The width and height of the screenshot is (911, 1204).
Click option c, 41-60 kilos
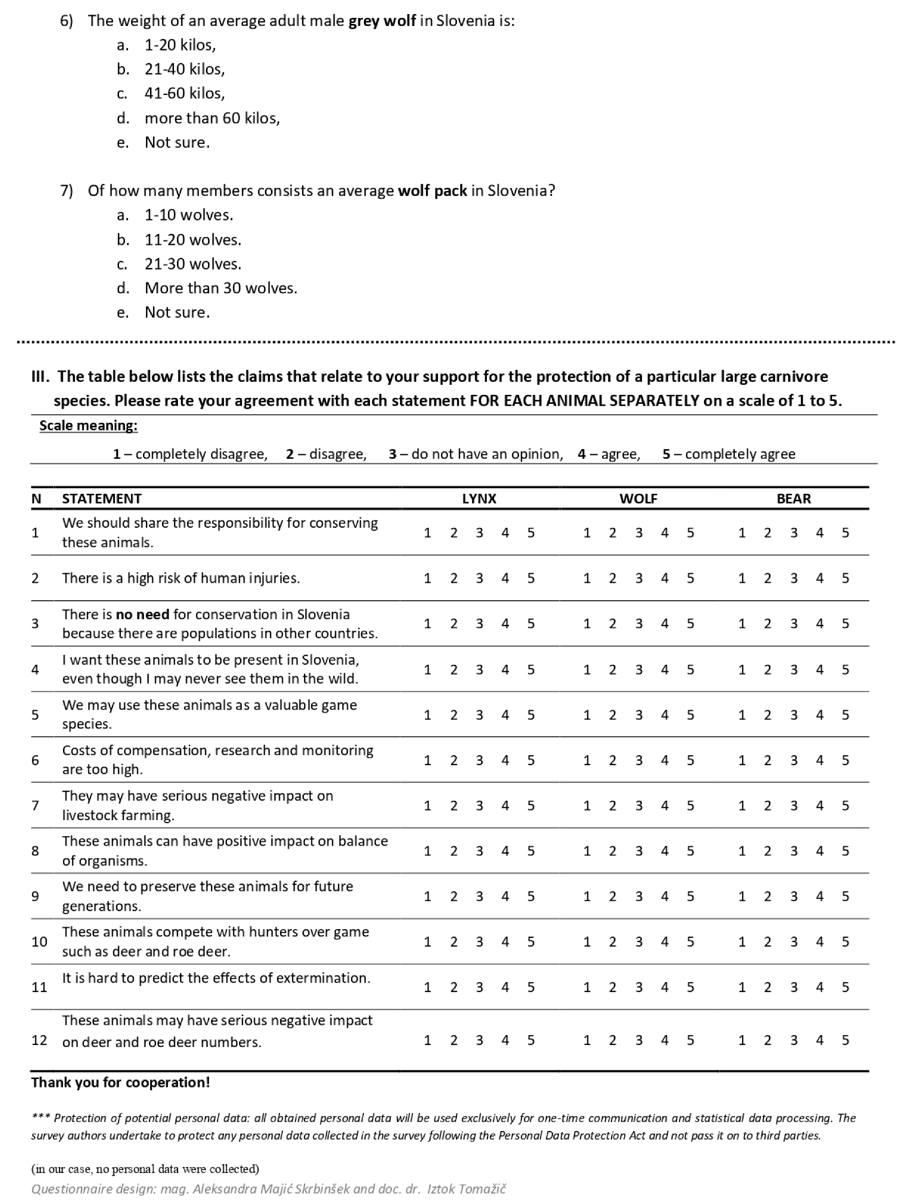pyautogui.click(x=184, y=93)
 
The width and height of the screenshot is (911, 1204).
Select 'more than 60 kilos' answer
pyautogui.click(x=212, y=118)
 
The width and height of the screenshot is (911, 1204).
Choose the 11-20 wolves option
pyautogui.click(x=192, y=240)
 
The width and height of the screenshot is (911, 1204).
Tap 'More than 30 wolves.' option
pyautogui.click(x=220, y=288)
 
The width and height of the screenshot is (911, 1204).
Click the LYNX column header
pyautogui.click(x=478, y=499)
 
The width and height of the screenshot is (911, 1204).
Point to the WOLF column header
pyautogui.click(x=638, y=499)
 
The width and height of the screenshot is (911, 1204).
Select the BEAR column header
pyautogui.click(x=793, y=499)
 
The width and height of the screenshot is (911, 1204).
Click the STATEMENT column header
pyautogui.click(x=102, y=499)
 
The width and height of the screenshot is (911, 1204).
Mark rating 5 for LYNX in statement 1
pyautogui.click(x=530, y=533)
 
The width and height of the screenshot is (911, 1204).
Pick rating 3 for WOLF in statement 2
pyautogui.click(x=638, y=578)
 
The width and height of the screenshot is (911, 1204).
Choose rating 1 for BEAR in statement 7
pyautogui.click(x=741, y=806)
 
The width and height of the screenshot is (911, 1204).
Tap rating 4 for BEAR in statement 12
pyautogui.click(x=819, y=1040)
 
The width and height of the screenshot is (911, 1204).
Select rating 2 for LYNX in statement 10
pyautogui.click(x=453, y=942)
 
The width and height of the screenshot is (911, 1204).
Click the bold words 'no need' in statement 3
pyautogui.click(x=142, y=615)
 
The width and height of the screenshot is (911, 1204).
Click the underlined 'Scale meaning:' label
pyautogui.click(x=88, y=426)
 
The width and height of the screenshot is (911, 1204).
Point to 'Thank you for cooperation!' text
pyautogui.click(x=120, y=1082)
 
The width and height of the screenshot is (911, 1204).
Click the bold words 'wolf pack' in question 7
pyautogui.click(x=432, y=191)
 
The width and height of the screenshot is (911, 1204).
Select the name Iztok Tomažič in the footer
pyautogui.click(x=466, y=1189)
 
